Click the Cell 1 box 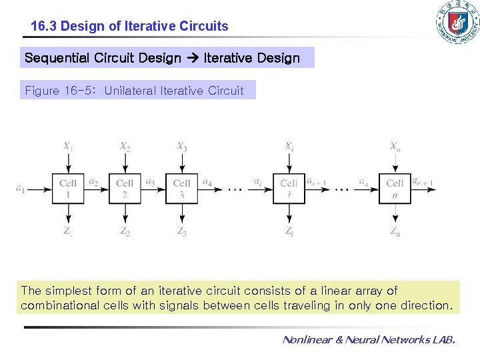point(68,189)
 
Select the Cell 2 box point(125,189)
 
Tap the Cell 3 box point(181,189)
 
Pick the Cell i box point(289,189)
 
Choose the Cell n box point(395,189)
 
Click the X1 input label point(68,146)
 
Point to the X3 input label point(181,146)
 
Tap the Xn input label point(395,146)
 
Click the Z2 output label point(125,231)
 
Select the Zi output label point(289,231)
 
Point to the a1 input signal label point(20,189)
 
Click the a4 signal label point(207,182)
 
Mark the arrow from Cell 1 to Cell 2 point(97,189)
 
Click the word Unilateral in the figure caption point(131,90)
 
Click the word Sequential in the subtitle point(56,58)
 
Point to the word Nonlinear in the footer point(308,340)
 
